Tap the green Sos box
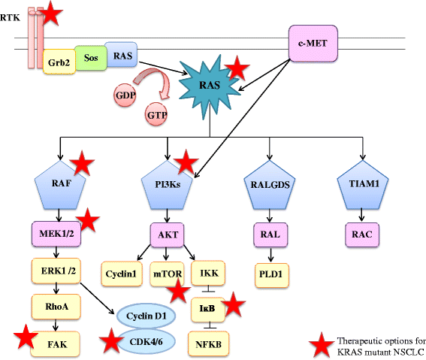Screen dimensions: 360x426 point(89,58)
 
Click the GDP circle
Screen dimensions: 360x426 point(125,95)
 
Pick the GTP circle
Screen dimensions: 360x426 point(157,114)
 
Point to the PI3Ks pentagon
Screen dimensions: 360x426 point(167,185)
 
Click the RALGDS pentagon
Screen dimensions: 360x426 point(267,185)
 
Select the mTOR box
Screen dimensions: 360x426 point(166,273)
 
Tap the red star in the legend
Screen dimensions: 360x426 point(323,345)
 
